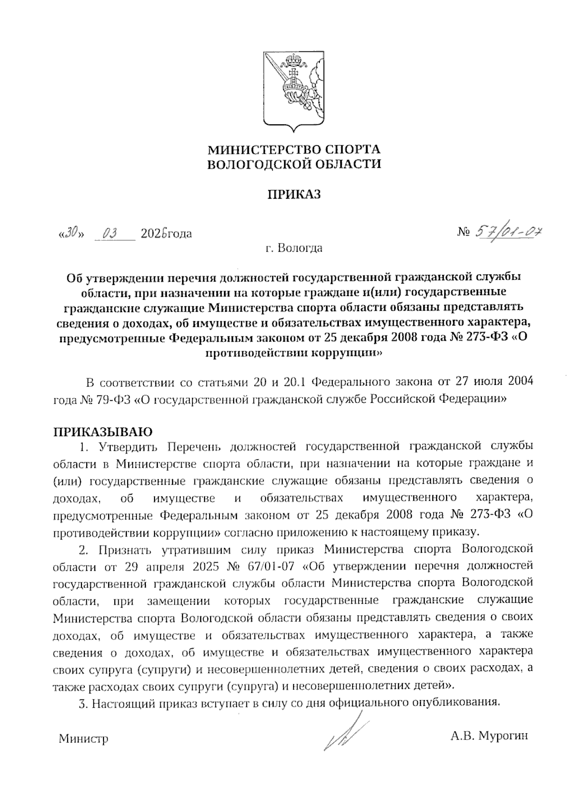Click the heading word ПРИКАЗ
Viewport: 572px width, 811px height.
tap(294, 194)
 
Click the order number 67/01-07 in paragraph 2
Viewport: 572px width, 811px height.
tap(276, 567)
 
